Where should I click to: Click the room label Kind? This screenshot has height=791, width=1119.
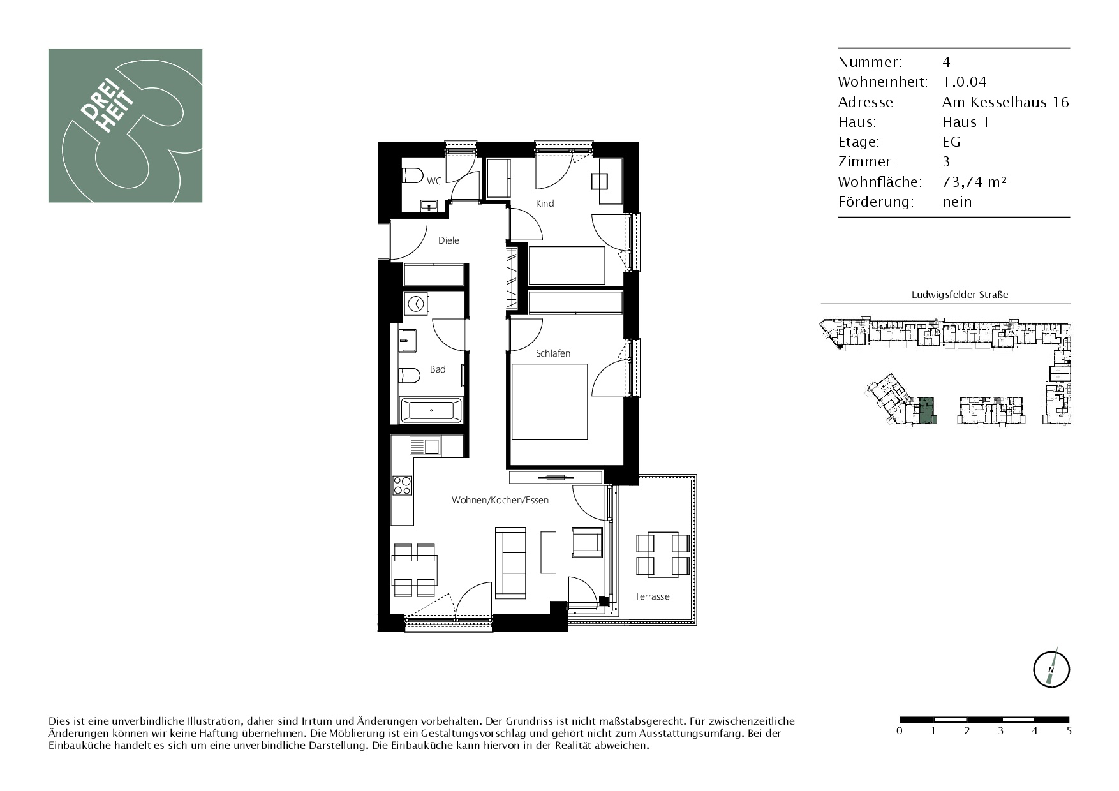click(x=545, y=203)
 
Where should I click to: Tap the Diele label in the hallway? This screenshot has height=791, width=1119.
click(x=448, y=240)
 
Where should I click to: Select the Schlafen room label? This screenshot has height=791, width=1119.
click(x=553, y=353)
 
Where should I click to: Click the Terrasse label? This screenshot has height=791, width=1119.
click(x=652, y=596)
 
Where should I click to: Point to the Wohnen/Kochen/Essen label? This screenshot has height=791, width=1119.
click(x=500, y=500)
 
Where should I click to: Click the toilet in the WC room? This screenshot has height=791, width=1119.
click(x=413, y=175)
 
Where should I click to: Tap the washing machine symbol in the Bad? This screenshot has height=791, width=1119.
click(x=416, y=304)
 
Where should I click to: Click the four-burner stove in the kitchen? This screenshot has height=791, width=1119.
click(x=402, y=485)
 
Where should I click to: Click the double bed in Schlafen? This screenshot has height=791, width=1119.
click(x=549, y=401)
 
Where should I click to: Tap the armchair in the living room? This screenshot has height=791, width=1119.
click(x=588, y=541)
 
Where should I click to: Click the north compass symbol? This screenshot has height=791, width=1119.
click(x=1051, y=669)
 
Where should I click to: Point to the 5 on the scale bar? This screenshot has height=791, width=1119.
click(x=1069, y=731)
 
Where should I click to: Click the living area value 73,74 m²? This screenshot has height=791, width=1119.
click(x=974, y=182)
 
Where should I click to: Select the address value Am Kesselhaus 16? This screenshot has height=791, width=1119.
click(x=1005, y=102)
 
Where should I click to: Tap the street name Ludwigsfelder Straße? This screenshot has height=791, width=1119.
click(x=960, y=295)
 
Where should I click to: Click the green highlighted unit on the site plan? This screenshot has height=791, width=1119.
click(x=928, y=410)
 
